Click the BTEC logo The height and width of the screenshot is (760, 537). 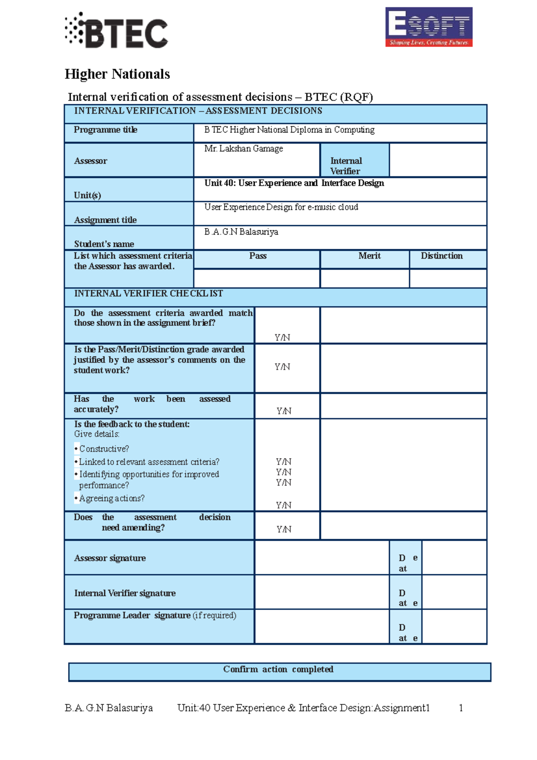click(x=116, y=30)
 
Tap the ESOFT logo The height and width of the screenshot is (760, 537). click(x=429, y=27)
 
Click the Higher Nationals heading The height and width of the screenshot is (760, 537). click(x=117, y=74)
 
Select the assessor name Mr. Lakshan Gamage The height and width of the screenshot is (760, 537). click(x=243, y=149)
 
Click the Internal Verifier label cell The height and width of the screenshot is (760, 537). click(x=346, y=166)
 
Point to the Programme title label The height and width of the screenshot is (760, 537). click(x=106, y=130)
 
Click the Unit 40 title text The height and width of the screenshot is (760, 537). click(x=294, y=183)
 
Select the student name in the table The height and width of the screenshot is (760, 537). click(x=241, y=232)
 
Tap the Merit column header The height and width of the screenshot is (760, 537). click(x=369, y=256)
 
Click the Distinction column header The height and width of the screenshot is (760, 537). click(x=442, y=256)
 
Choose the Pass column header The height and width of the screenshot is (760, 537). click(x=258, y=256)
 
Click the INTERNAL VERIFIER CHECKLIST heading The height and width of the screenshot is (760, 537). click(x=148, y=294)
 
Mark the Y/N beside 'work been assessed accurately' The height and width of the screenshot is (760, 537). click(x=284, y=411)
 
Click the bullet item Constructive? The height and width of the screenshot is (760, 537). click(x=104, y=449)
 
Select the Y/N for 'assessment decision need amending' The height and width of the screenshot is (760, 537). click(x=284, y=529)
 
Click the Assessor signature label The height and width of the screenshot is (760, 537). click(x=110, y=558)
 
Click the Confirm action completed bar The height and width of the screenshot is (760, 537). click(x=278, y=670)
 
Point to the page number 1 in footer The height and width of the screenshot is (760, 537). click(x=460, y=708)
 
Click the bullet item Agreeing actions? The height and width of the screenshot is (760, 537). click(x=111, y=499)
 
